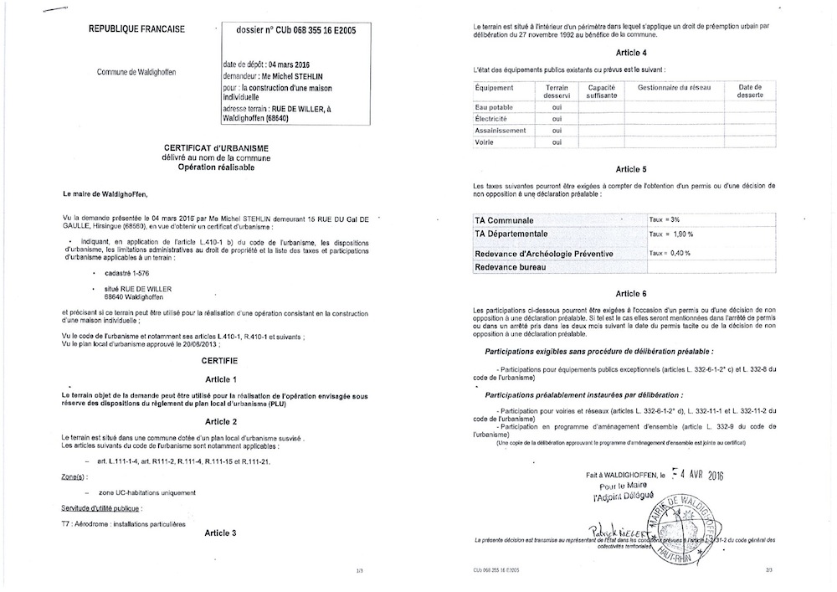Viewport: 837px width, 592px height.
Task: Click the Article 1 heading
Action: point(222,379)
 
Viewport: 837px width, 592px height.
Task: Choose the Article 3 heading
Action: point(222,533)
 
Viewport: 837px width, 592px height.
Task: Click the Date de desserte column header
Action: point(750,91)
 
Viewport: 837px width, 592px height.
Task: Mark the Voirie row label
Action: point(486,142)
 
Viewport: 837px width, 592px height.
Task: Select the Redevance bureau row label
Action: point(511,267)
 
